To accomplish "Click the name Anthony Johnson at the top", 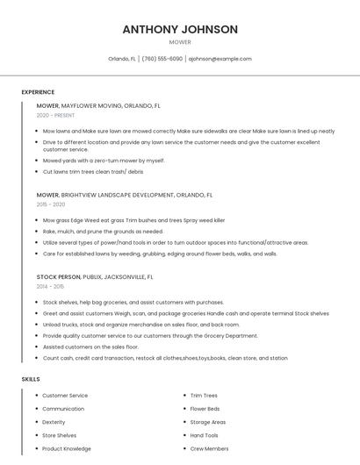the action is click(180, 29).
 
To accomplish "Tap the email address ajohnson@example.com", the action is click(220, 59).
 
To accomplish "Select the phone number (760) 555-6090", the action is click(162, 59).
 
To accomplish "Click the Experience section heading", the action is click(38, 92).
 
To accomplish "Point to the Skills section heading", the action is click(31, 379).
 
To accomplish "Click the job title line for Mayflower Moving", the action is click(98, 105).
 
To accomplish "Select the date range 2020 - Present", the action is click(55, 115).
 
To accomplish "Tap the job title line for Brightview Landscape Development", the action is click(125, 195).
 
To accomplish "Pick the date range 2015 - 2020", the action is click(51, 204).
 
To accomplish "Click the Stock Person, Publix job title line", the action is click(95, 276).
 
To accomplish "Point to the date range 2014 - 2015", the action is click(50, 286).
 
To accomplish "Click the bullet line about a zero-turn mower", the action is click(104, 161).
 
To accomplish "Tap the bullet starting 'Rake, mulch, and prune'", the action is click(103, 232).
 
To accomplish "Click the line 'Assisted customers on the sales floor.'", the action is click(90, 347).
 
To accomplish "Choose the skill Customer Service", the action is click(65, 396).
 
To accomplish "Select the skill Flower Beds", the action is click(205, 409).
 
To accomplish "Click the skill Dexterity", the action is click(54, 422).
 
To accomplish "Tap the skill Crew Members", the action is click(209, 448).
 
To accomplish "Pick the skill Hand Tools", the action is click(204, 435).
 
